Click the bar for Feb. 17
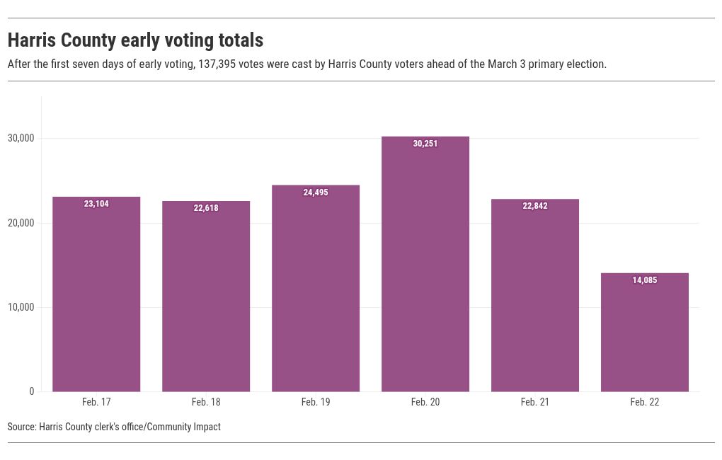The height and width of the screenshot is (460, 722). tap(96, 297)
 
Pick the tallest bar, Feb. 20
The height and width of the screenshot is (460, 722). tap(425, 269)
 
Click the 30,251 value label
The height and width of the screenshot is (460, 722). tap(425, 144)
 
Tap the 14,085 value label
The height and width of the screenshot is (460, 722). tap(645, 280)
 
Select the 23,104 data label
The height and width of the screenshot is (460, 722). tap(96, 204)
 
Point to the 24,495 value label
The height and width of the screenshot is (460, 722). tap(316, 192)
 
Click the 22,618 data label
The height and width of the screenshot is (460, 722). tap(206, 208)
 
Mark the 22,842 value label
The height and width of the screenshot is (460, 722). tap(535, 206)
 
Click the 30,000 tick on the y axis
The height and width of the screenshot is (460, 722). tap(21, 139)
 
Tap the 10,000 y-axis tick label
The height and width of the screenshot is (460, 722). tap(21, 307)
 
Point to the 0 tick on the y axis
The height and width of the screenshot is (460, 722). tap(31, 392)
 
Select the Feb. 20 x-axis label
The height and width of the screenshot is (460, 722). tap(425, 402)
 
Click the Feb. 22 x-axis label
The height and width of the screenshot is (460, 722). tap(645, 402)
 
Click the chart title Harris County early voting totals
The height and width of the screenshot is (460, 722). tap(135, 40)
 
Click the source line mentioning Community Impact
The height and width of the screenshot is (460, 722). tap(114, 427)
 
